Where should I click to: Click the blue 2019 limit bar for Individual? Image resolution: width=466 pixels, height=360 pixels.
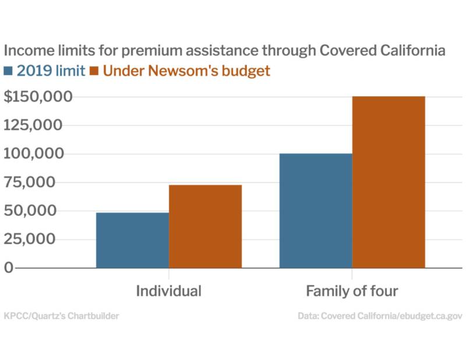pos(133,240)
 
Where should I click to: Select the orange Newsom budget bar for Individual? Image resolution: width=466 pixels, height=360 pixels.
pos(206,227)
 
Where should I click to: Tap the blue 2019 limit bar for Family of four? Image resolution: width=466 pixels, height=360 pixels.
pos(316,211)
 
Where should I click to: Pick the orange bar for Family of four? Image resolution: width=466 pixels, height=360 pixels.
pos(389,182)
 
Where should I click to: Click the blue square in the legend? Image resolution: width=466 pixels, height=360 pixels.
pos(8,71)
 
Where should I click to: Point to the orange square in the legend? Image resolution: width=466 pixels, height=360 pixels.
pos(94,71)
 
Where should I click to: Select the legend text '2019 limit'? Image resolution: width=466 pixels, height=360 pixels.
pos(51,70)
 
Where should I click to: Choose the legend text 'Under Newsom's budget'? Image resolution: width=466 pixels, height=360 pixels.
pos(186,71)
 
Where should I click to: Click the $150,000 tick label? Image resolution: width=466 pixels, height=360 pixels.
pos(38,97)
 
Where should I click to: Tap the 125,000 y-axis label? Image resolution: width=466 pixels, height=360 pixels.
pos(33,125)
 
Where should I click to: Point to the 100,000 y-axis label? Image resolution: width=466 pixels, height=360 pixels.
pos(34,153)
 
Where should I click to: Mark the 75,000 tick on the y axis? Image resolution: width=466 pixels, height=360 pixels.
pos(30,182)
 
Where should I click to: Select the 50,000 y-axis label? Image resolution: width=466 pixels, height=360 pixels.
pos(30,210)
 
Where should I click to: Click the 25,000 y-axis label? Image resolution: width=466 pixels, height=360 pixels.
pos(30,239)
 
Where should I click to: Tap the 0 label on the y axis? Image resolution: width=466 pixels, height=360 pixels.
pos(9,267)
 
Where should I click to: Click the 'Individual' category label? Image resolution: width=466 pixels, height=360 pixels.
pos(169,291)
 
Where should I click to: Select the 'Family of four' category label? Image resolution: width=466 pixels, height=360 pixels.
pos(352,291)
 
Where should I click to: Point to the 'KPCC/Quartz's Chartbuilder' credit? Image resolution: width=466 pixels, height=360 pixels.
pos(62,316)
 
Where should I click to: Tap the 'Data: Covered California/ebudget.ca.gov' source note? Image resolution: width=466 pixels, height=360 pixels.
pos(380,316)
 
